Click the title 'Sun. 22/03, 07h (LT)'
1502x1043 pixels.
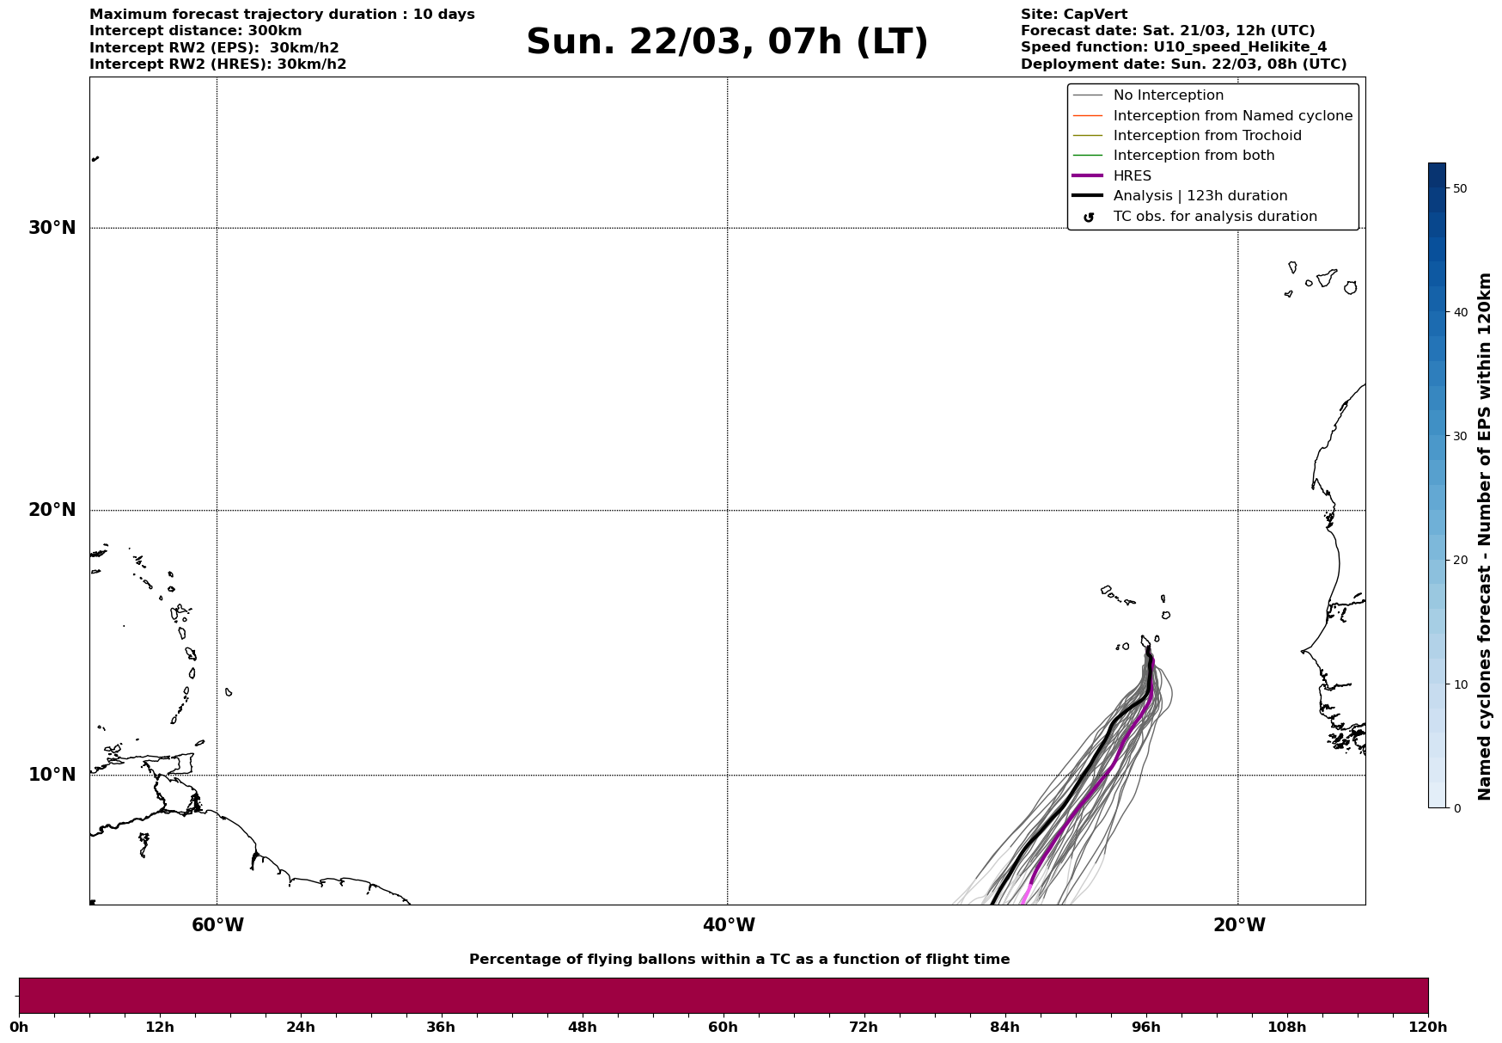727,42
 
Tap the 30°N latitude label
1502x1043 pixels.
52,228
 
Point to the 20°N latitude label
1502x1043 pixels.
52,510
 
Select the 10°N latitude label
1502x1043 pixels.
52,775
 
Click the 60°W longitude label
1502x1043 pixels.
217,925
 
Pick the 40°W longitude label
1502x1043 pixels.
729,925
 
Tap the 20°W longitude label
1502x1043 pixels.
1239,925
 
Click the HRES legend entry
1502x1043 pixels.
1132,176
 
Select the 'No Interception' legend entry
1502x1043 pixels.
1168,95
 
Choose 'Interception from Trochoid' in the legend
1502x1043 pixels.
1206,136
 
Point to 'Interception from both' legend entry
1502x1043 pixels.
1194,156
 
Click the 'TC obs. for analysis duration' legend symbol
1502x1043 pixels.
1088,218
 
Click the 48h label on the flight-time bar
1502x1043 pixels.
582,1028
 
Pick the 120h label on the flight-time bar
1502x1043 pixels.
1428,1028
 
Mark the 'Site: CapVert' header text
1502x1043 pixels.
1073,15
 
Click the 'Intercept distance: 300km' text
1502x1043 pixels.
195,31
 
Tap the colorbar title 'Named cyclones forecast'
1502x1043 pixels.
1484,537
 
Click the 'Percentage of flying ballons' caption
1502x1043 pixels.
739,960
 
